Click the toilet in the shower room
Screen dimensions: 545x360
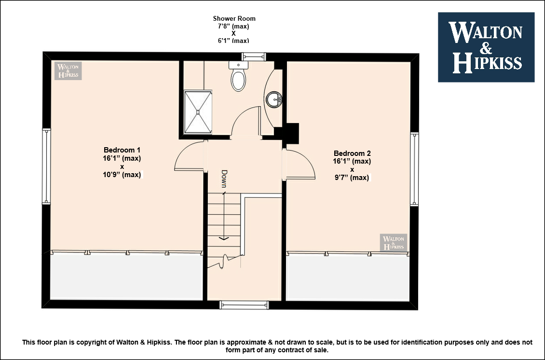tap(238, 76)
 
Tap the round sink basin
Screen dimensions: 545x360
tap(274, 100)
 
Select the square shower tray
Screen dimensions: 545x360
tap(198, 111)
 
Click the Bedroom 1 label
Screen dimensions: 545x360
tap(122, 150)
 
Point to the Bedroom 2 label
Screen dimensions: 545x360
tap(352, 153)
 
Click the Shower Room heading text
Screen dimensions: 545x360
tap(234, 18)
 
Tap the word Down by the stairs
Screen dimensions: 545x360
tap(224, 179)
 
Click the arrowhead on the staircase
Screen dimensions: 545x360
tap(224, 238)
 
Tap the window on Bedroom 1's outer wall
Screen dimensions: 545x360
tap(46, 166)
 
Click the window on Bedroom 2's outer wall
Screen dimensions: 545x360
tap(414, 169)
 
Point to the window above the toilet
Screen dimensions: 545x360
tap(254, 56)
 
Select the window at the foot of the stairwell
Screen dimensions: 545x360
tap(245, 305)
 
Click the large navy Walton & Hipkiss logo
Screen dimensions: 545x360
tap(486, 47)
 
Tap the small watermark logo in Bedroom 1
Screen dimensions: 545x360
tap(68, 71)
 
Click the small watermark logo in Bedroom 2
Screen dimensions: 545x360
tap(394, 242)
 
